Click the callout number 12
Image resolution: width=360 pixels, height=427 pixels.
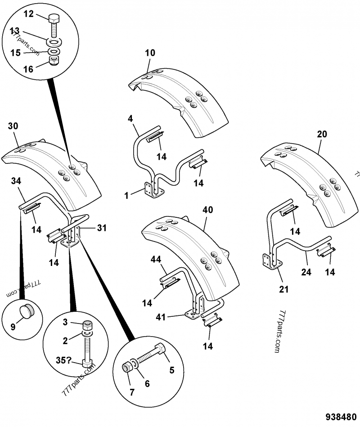(28, 14)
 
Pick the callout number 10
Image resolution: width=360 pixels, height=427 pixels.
(150, 53)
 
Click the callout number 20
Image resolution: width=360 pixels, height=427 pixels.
(322, 134)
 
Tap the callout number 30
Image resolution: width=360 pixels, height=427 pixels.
(13, 126)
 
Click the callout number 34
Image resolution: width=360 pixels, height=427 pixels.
(16, 181)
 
